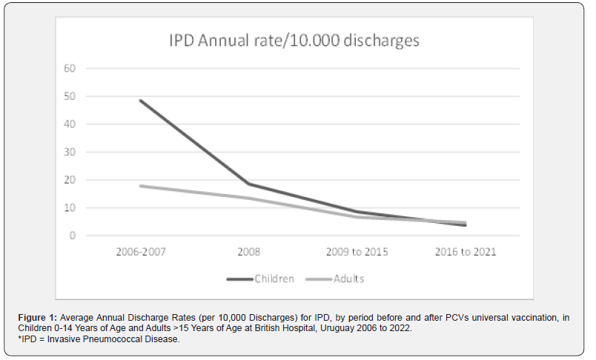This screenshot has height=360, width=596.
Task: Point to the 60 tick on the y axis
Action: (x=72, y=69)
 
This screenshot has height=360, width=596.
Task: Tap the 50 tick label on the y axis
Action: (x=72, y=96)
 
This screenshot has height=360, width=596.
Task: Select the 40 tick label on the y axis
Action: (x=72, y=124)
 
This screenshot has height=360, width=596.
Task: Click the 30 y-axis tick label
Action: (x=72, y=153)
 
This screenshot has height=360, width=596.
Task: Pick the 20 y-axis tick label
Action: (x=72, y=180)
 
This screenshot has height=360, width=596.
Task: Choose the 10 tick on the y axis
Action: (x=72, y=208)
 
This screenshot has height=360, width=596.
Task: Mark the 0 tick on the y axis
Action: (x=74, y=236)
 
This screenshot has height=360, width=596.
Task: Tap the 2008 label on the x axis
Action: (x=249, y=252)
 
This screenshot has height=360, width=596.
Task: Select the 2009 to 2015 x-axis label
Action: (x=357, y=252)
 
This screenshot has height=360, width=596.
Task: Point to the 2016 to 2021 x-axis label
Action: (x=466, y=252)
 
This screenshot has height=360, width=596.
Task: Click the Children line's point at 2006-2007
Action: (x=140, y=100)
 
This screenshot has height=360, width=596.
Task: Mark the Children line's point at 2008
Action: (x=249, y=184)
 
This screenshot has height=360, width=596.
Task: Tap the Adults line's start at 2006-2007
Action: (x=140, y=186)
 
